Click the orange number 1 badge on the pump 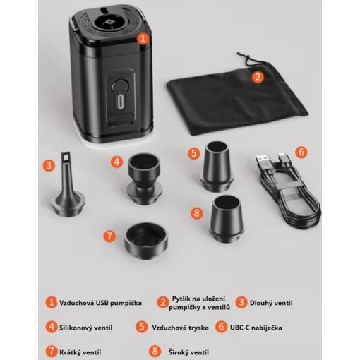pyautogui.click(x=143, y=39)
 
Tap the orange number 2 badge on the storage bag pyautogui.click(x=258, y=77)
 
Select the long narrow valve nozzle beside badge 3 pyautogui.click(x=68, y=184)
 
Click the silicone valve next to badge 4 pyautogui.click(x=144, y=179)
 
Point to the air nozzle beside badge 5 pyautogui.click(x=217, y=166)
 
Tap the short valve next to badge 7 pyautogui.click(x=146, y=241)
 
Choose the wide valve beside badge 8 pyautogui.click(x=226, y=218)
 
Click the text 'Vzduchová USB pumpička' pyautogui.click(x=100, y=303)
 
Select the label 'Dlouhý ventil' pyautogui.click(x=271, y=303)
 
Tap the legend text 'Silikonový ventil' pyautogui.click(x=85, y=328)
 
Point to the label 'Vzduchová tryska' pyautogui.click(x=180, y=328)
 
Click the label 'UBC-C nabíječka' pyautogui.click(x=256, y=328)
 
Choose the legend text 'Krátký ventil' pyautogui.click(x=80, y=352)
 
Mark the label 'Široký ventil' pyautogui.click(x=188, y=352)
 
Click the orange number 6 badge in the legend pyautogui.click(x=221, y=327)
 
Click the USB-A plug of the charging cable pyautogui.click(x=262, y=160)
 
